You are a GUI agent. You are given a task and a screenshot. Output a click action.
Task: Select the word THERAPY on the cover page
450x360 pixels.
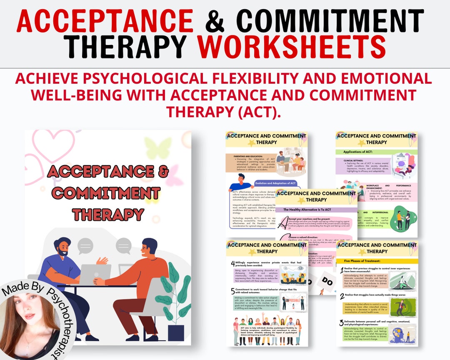coord(108,214)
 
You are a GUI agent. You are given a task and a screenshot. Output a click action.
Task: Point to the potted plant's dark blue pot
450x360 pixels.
coord(175,333)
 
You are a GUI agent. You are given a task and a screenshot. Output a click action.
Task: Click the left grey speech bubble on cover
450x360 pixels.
coord(85,246)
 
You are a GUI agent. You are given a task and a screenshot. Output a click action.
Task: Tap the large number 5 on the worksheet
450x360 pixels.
coord(232,291)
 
